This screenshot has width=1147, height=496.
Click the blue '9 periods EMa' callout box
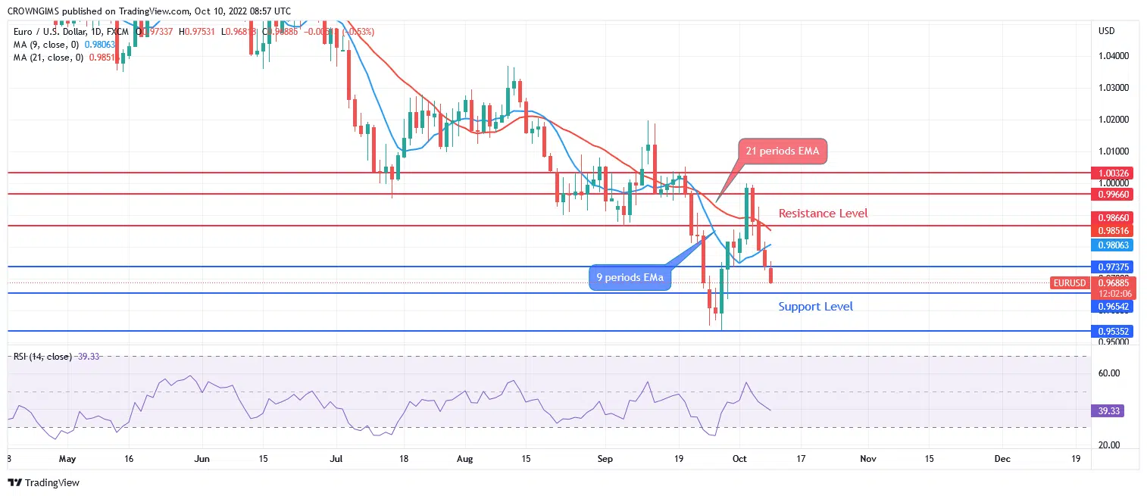click(630, 278)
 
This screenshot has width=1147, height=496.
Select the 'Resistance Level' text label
click(823, 214)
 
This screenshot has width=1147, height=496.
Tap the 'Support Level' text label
click(815, 307)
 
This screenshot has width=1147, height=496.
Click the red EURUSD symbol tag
click(1070, 283)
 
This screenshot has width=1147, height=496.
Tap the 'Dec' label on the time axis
click(1002, 459)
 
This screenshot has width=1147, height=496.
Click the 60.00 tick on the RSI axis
click(1108, 373)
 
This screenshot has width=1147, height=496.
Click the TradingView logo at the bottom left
click(43, 482)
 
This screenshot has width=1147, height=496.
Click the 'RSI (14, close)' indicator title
click(42, 356)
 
